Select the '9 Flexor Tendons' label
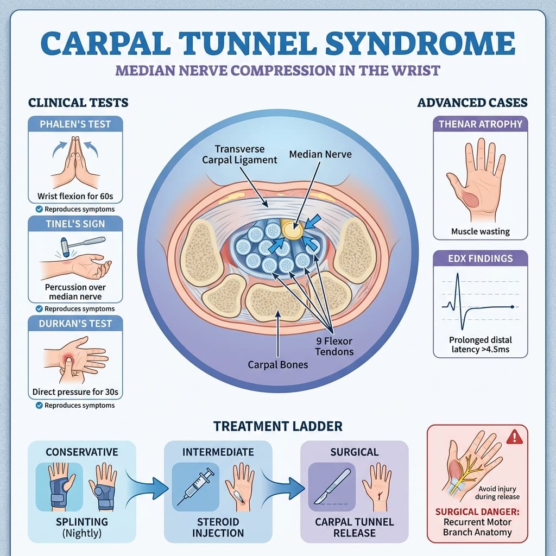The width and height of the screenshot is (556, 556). click(335, 346)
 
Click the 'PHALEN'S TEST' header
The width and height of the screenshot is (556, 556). click(75, 124)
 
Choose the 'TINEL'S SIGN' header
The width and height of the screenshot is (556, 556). click(75, 224)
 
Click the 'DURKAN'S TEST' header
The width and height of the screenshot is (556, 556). click(75, 324)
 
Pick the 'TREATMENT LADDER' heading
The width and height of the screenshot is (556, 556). click(277, 426)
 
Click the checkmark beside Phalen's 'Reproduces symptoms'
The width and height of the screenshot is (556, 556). click(39, 209)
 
